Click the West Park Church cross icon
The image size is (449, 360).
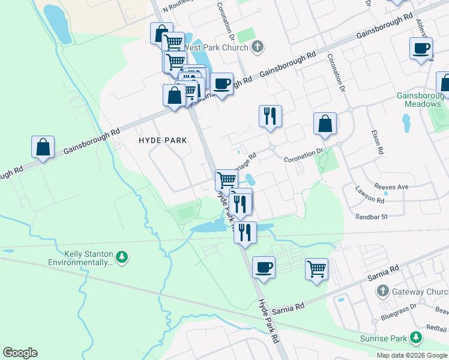pyautogui.click(x=258, y=47)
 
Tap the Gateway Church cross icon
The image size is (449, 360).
pyautogui.click(x=382, y=291)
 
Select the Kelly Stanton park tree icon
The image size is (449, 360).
pyautogui.click(x=122, y=257)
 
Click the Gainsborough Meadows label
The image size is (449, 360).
pyautogui.click(x=419, y=100)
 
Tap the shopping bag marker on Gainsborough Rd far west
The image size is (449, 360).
pyautogui.click(x=43, y=148)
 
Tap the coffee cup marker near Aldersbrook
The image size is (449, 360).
pyautogui.click(x=421, y=48)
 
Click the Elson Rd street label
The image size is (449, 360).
pyautogui.click(x=377, y=143)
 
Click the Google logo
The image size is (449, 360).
pyautogui.click(x=20, y=353)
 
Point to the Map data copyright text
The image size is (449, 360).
pyautogui.click(x=412, y=355)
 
